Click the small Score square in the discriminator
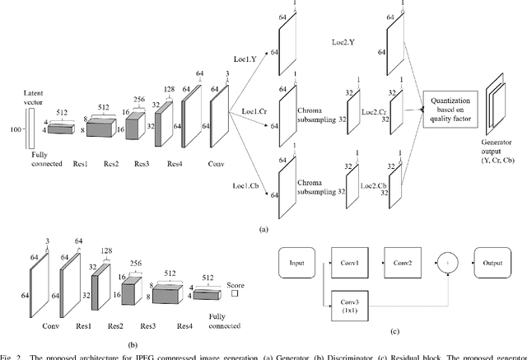[236, 292]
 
